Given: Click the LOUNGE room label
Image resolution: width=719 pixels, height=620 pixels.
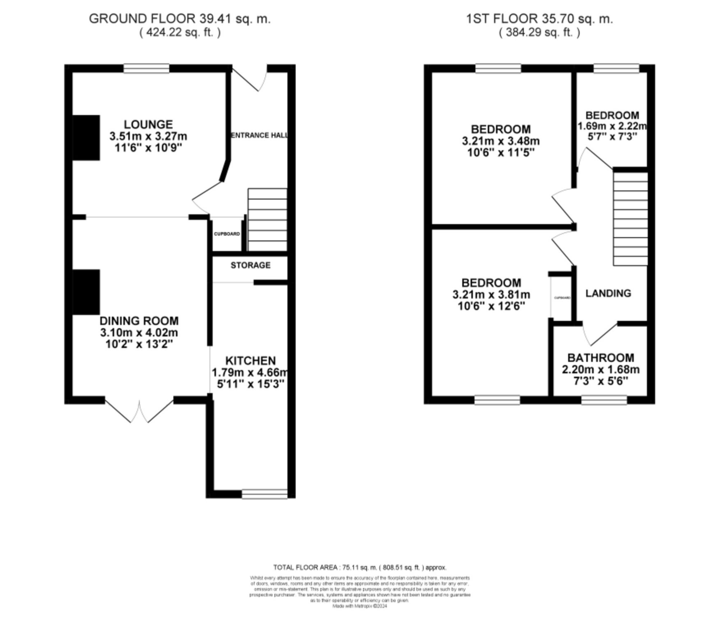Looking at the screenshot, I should click(x=148, y=125).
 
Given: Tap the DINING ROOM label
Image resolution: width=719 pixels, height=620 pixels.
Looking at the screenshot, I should click(x=139, y=321).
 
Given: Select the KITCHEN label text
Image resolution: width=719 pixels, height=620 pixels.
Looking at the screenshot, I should click(x=250, y=360).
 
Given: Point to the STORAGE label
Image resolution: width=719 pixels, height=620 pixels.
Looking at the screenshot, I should click(x=250, y=265).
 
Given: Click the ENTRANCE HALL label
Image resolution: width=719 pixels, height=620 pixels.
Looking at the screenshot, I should click(x=259, y=136).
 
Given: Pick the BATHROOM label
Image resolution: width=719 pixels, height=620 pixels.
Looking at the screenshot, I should click(x=600, y=358).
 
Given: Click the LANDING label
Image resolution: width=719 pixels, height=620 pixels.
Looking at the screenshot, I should click(x=608, y=293).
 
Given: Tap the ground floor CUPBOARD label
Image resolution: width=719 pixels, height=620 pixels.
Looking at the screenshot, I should click(x=227, y=234).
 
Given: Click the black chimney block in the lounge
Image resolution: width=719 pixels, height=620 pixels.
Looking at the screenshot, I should click(x=86, y=138).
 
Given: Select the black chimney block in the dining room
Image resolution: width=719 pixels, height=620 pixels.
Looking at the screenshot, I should click(x=86, y=292).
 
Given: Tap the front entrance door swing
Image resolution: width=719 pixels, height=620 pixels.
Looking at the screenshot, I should click(x=252, y=78).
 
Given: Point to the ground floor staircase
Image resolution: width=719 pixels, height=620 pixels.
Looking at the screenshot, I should click(x=267, y=220).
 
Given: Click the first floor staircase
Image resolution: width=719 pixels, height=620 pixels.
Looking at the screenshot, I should click(x=630, y=219).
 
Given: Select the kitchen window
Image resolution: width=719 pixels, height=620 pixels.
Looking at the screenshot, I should click(x=265, y=494).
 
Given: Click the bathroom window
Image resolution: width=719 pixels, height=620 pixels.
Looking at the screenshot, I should click(x=604, y=400).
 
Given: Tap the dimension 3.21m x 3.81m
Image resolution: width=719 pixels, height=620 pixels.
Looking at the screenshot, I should click(x=491, y=295).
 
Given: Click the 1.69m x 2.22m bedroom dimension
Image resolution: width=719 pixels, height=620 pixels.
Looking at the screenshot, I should click(x=612, y=126).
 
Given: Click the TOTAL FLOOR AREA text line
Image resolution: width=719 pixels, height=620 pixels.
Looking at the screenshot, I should click(x=359, y=567).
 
